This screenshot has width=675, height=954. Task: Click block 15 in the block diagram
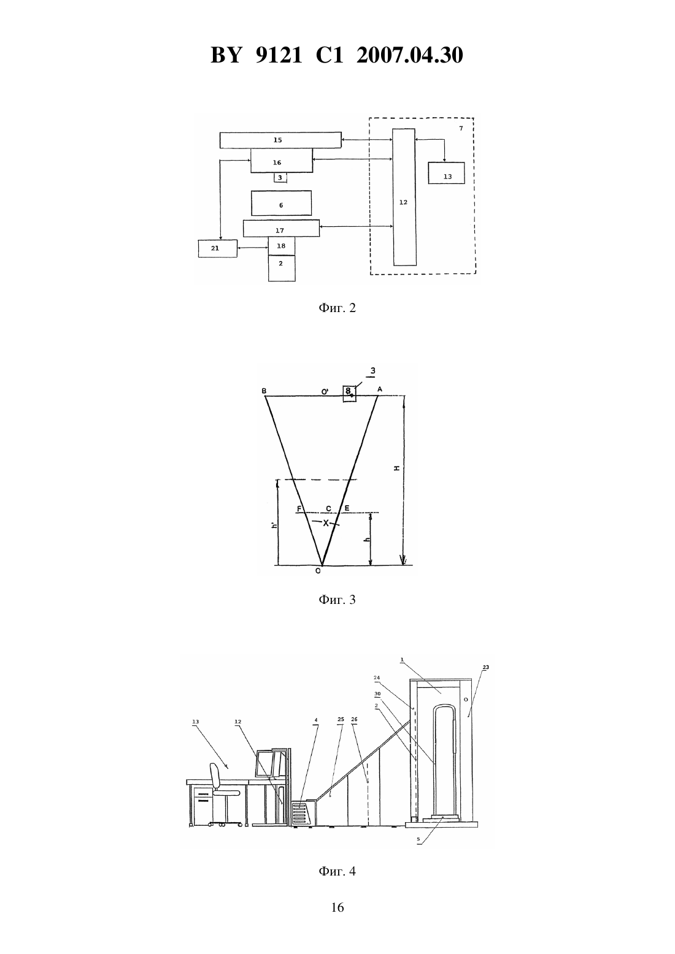280,140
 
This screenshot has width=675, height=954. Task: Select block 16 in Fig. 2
281,161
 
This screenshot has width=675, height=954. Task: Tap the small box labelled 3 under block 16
280,178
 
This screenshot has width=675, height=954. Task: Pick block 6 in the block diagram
281,203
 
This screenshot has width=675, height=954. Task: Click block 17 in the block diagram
281,228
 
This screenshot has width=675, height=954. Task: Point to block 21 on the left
217,248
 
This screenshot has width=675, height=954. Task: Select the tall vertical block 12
404,197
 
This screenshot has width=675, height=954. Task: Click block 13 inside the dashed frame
446,173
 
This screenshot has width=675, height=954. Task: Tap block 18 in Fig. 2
281,246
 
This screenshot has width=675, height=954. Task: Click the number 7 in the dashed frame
461,128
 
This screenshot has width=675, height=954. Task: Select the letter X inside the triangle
326,523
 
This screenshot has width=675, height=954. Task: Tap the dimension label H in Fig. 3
397,468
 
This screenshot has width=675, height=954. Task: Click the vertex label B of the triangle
264,391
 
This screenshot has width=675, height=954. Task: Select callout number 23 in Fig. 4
486,667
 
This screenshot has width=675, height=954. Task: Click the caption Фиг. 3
337,600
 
